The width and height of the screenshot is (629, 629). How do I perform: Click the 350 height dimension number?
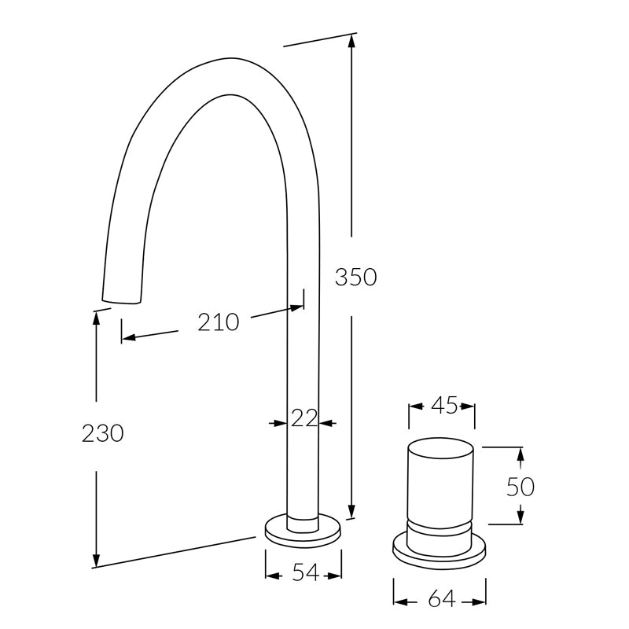[x=356, y=278]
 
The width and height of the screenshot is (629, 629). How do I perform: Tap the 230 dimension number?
[x=103, y=434]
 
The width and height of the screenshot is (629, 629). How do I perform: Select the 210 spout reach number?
[x=219, y=322]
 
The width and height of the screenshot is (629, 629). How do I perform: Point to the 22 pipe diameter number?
[x=304, y=418]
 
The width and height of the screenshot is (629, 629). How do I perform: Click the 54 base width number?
[x=306, y=572]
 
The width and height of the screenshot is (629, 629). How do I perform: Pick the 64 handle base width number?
[x=442, y=599]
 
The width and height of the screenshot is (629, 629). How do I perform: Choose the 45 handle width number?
[x=444, y=405]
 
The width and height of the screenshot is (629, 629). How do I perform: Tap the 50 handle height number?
[x=520, y=487]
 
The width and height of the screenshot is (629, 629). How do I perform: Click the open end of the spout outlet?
[x=122, y=301]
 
